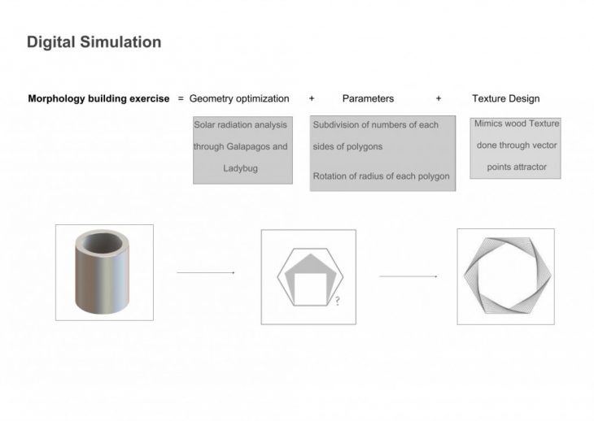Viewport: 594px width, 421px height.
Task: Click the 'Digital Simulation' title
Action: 94,42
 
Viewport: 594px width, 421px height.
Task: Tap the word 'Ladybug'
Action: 241,168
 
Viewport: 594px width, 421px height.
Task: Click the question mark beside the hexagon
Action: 336,302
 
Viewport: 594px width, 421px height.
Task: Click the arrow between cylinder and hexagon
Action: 206,273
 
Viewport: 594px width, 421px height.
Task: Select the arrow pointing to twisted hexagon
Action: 408,276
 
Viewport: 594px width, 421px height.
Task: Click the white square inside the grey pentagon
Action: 308,285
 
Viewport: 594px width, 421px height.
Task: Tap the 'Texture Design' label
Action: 505,98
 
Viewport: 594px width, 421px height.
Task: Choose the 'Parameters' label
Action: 368,98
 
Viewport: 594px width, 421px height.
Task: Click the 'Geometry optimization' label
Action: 239,98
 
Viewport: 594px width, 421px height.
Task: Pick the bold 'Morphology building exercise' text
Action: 99,98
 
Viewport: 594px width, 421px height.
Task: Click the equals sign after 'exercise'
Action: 181,98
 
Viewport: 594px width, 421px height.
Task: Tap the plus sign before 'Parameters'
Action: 312,98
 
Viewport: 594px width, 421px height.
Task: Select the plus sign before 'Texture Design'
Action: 439,98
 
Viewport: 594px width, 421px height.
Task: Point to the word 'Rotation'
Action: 331,176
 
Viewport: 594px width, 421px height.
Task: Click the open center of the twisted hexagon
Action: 504,276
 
